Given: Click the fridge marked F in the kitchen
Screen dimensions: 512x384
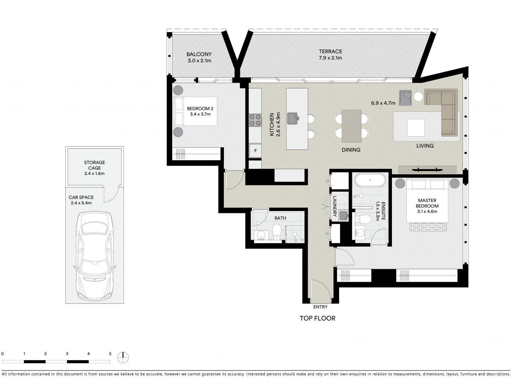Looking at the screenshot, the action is pyautogui.click(x=255, y=151).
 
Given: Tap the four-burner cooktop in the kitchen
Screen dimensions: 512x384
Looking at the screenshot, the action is pyautogui.click(x=255, y=120).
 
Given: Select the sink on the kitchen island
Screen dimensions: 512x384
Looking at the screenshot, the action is pyautogui.click(x=292, y=118).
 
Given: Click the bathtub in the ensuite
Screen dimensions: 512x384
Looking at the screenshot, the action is pyautogui.click(x=370, y=180).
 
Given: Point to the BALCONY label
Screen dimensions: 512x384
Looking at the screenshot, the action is pyautogui.click(x=199, y=54).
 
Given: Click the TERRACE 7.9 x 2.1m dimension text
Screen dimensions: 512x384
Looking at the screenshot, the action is pyautogui.click(x=330, y=58).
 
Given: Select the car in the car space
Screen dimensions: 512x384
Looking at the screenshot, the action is pyautogui.click(x=94, y=256).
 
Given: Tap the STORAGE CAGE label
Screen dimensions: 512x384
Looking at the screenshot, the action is pyautogui.click(x=94, y=165).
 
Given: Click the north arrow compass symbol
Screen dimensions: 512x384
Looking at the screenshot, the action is pyautogui.click(x=123, y=357).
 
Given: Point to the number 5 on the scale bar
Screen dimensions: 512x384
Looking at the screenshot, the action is pyautogui.click(x=110, y=354).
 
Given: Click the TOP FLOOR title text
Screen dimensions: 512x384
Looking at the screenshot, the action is pyautogui.click(x=317, y=318).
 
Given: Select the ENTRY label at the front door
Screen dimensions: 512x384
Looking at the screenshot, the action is pyautogui.click(x=320, y=307).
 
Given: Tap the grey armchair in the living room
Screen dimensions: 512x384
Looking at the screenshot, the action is pyautogui.click(x=406, y=98).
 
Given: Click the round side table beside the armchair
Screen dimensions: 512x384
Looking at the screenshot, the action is pyautogui.click(x=418, y=97).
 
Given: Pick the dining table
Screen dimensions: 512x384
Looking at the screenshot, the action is pyautogui.click(x=352, y=126).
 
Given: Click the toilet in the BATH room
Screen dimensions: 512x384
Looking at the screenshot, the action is pyautogui.click(x=277, y=231).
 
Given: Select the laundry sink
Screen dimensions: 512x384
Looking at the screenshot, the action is pyautogui.click(x=343, y=215).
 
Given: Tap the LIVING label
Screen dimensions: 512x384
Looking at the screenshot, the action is pyautogui.click(x=425, y=146).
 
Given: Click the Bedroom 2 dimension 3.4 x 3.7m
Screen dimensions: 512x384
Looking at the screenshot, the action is pyautogui.click(x=200, y=114).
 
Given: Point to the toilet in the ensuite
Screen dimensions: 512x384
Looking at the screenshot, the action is pyautogui.click(x=363, y=219).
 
